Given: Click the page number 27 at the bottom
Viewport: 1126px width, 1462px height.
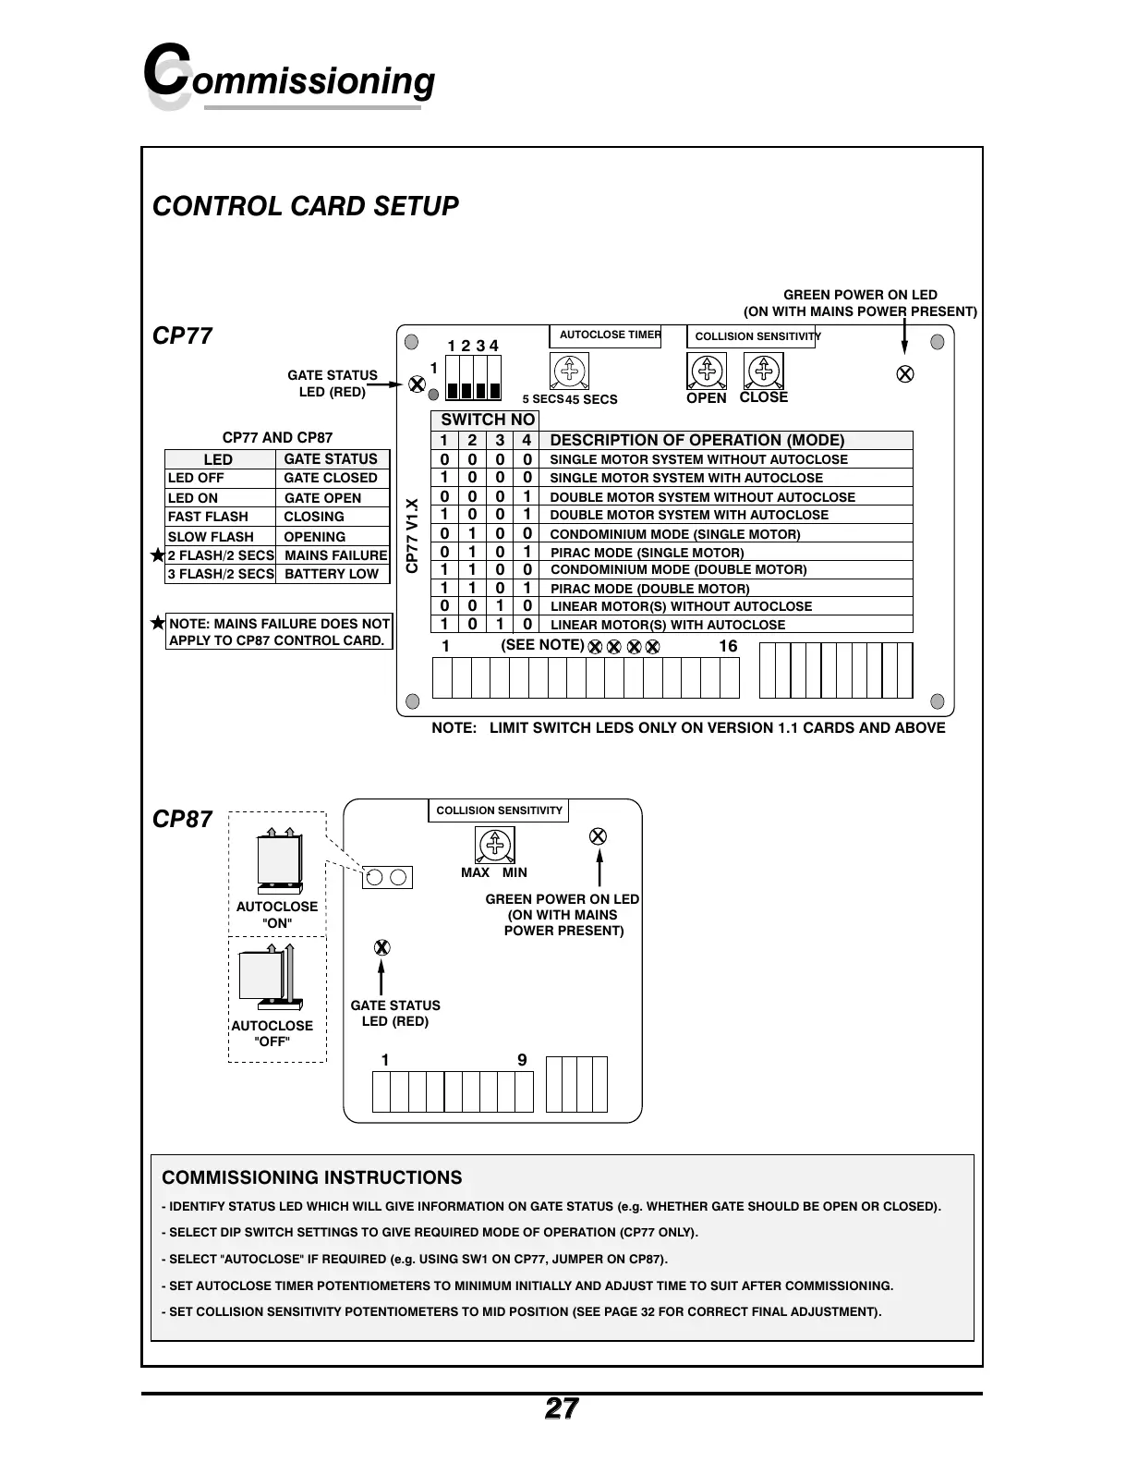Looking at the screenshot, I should click(562, 1408).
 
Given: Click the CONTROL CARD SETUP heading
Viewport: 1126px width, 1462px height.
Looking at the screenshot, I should click(305, 206).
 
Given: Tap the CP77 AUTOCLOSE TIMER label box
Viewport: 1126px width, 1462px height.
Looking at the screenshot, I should click(610, 335).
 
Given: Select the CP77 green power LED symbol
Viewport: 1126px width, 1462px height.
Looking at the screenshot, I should click(906, 374).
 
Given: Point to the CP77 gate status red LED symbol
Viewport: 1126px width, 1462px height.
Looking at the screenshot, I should click(418, 384).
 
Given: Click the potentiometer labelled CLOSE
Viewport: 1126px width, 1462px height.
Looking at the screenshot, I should click(764, 372).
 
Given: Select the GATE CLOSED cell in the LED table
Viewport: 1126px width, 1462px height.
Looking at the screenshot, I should click(331, 479).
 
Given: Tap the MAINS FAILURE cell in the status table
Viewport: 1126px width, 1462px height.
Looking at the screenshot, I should click(335, 555).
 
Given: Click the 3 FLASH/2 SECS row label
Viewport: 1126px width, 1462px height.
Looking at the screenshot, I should click(221, 574).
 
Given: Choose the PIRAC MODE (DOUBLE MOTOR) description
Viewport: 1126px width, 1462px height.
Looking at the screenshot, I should click(650, 589).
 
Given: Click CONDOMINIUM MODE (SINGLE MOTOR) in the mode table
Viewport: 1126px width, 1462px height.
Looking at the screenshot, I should click(675, 534).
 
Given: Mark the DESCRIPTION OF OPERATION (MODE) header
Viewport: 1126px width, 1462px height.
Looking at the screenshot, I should click(697, 441).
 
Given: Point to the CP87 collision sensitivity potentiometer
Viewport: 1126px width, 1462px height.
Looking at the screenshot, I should click(495, 845).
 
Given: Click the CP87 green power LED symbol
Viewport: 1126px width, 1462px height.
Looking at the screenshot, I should click(598, 836).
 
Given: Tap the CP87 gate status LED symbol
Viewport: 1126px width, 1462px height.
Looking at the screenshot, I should click(381, 948).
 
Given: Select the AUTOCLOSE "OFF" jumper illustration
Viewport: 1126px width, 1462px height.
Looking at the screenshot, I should click(268, 976).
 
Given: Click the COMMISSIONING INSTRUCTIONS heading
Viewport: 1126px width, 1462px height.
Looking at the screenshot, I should click(312, 1178).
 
